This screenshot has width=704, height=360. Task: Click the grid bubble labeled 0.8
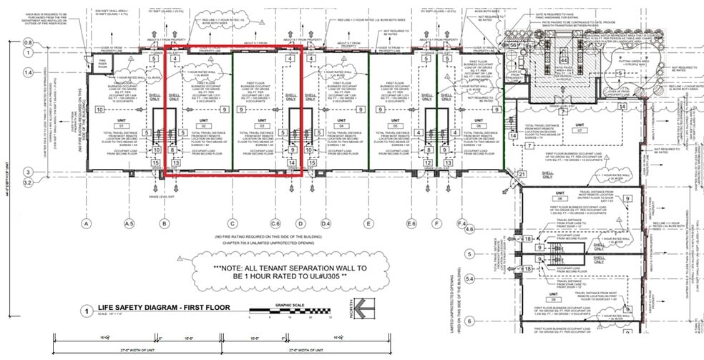tap(29, 44)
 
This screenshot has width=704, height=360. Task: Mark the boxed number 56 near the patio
tap(513, 44)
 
